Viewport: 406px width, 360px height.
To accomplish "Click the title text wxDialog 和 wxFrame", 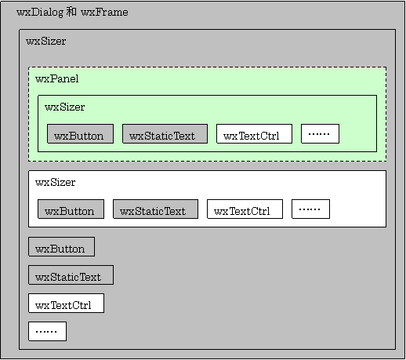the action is click(x=72, y=13).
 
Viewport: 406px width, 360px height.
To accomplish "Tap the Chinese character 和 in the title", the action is click(x=71, y=12).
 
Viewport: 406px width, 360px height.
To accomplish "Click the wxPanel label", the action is click(x=56, y=78).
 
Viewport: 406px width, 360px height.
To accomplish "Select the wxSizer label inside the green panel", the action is click(x=64, y=107).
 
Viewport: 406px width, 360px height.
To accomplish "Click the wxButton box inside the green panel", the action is click(x=80, y=134).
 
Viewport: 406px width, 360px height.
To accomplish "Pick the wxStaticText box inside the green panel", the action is click(x=165, y=134).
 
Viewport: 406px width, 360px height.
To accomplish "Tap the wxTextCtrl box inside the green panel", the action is click(x=254, y=134).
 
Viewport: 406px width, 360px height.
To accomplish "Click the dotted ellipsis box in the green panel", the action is click(x=320, y=134).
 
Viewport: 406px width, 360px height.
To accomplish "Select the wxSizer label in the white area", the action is click(x=55, y=182).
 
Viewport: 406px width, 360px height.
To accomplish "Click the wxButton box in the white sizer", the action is click(x=71, y=209).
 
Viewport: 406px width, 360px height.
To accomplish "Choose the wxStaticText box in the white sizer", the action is click(x=155, y=209).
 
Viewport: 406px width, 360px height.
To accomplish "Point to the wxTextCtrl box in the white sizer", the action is click(x=245, y=209).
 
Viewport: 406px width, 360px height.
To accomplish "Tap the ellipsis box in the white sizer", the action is click(x=310, y=209).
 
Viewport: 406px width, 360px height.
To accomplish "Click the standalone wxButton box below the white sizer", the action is click(x=61, y=247).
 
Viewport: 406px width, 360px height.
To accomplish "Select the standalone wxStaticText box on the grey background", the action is click(x=71, y=275).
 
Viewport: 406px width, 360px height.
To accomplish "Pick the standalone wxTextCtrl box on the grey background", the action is click(x=66, y=304).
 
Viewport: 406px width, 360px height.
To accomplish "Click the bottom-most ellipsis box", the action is click(x=47, y=332).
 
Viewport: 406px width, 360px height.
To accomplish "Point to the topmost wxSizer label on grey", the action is click(x=45, y=41).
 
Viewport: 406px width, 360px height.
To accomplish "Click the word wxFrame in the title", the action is click(x=104, y=12).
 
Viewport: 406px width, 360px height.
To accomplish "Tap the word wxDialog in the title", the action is click(x=40, y=13).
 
